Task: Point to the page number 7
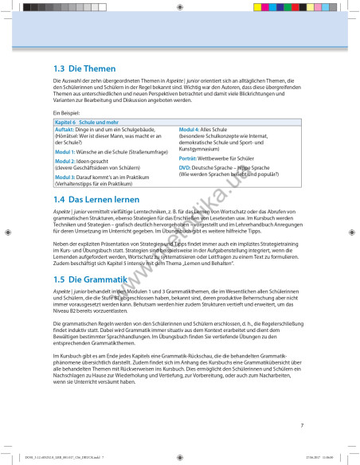[x=302, y=426]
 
